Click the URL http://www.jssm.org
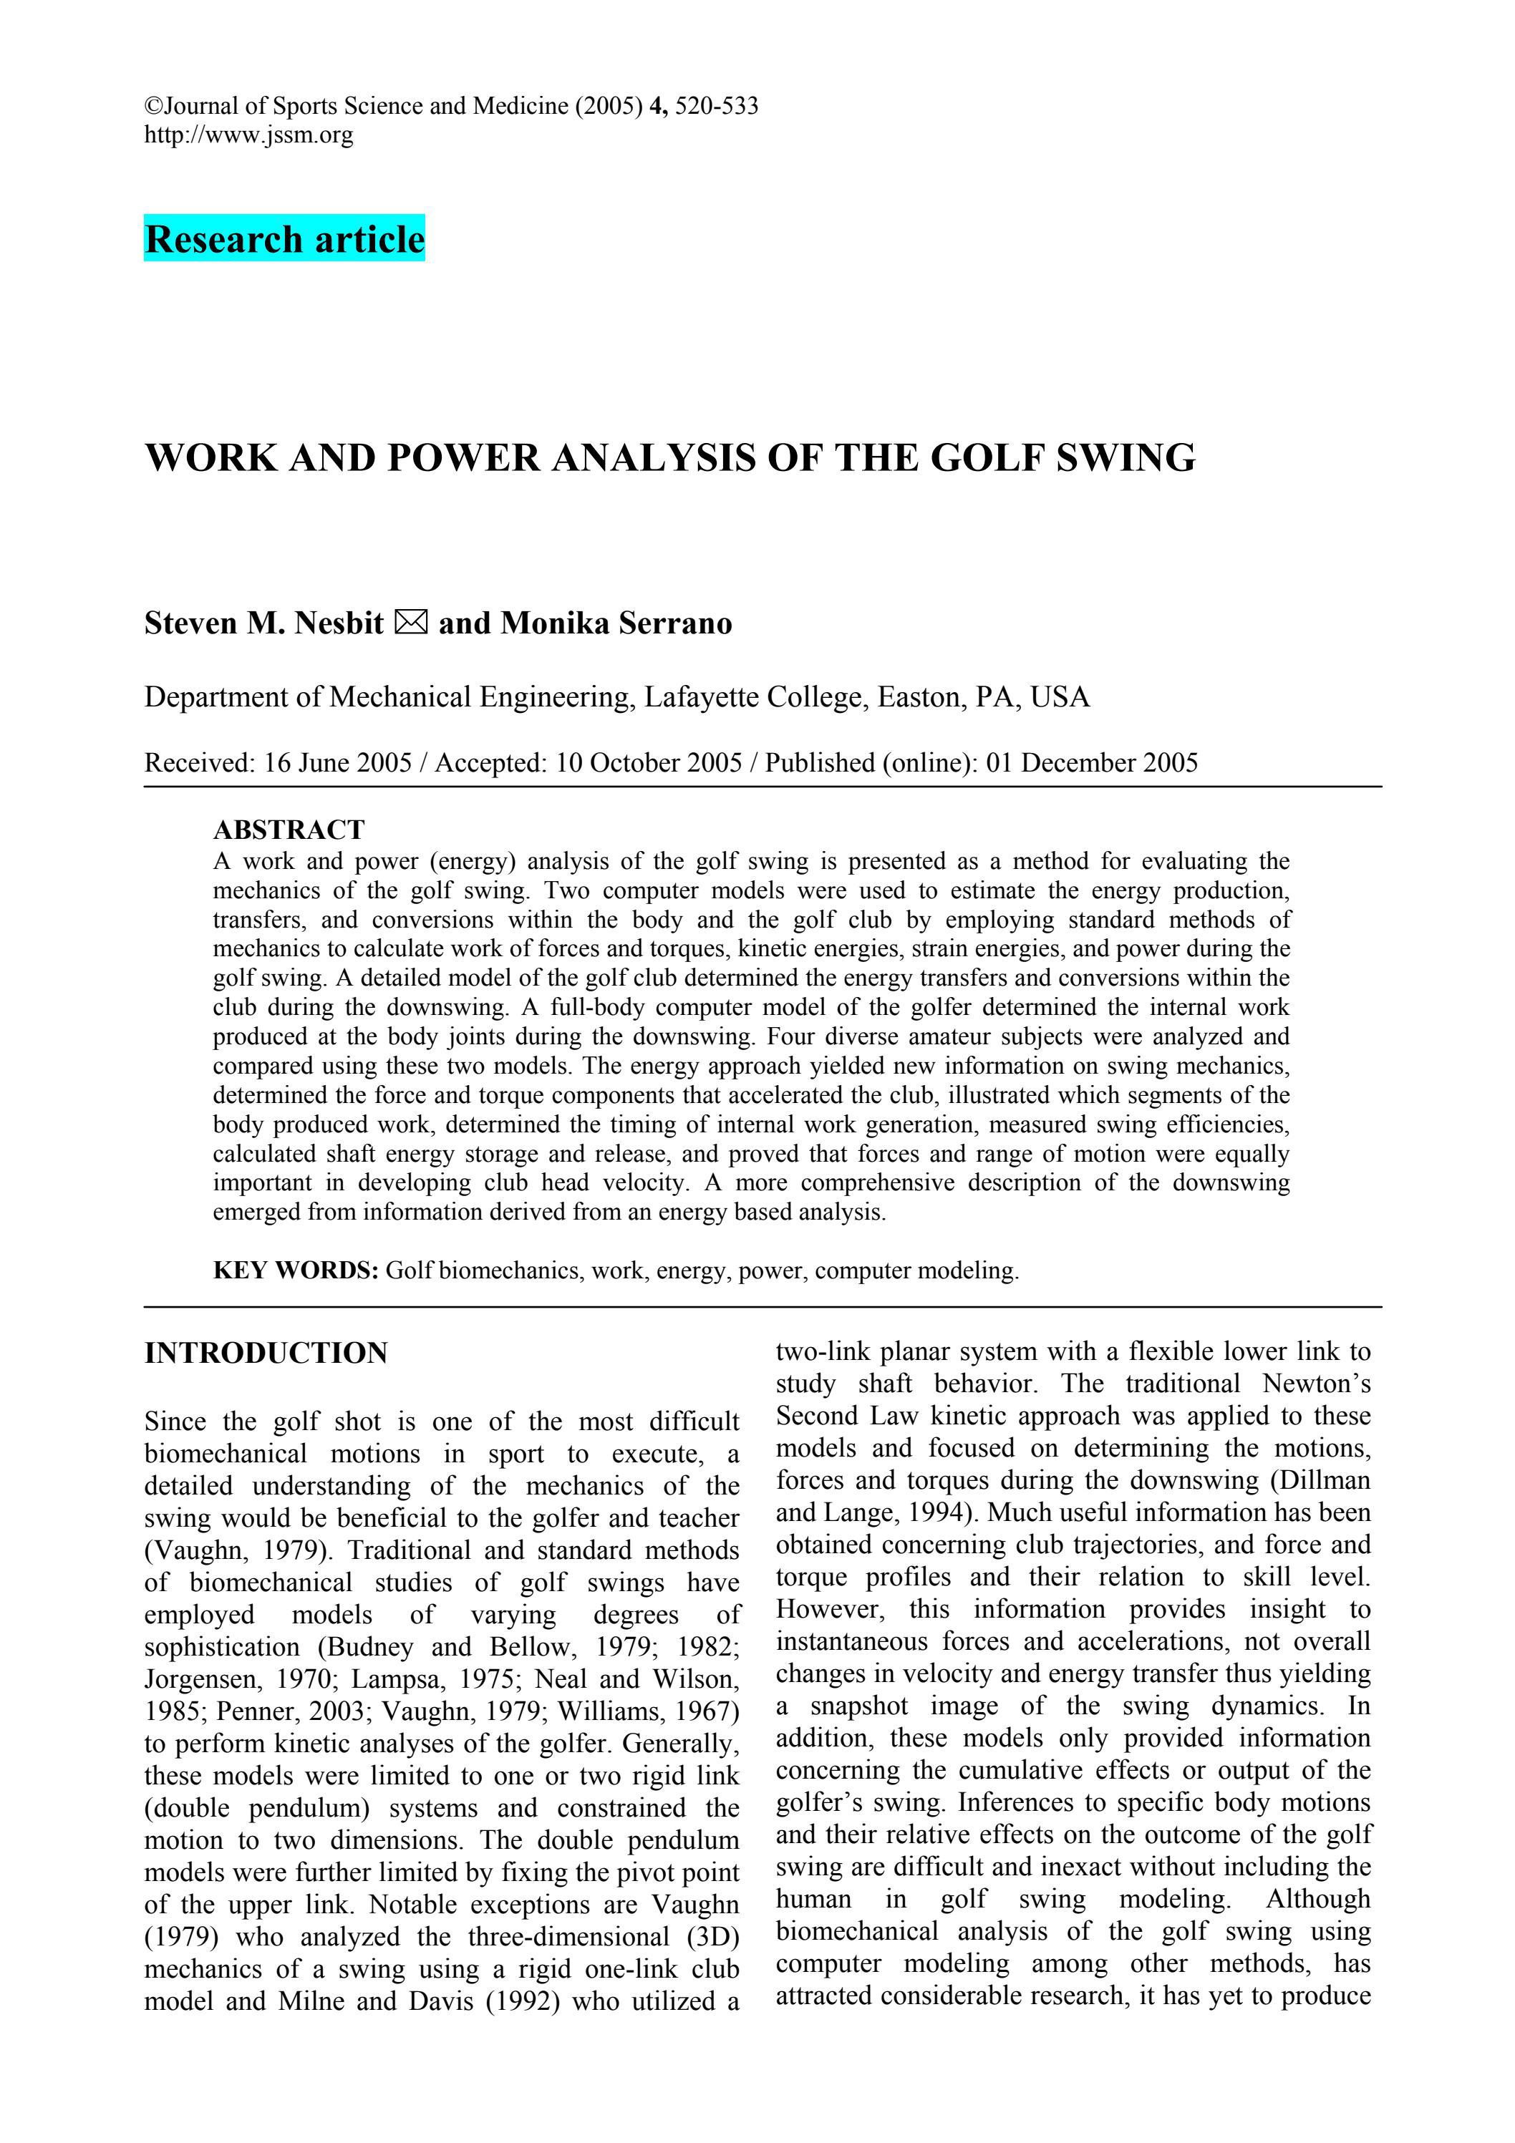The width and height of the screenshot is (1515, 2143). (x=248, y=135)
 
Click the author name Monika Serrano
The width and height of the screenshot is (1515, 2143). (x=616, y=623)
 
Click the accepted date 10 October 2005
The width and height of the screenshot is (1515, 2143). (x=649, y=764)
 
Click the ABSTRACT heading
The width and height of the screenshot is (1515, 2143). (x=289, y=829)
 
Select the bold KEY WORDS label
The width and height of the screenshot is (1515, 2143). (x=295, y=1270)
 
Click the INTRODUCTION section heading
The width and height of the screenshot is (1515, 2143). (x=266, y=1354)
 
